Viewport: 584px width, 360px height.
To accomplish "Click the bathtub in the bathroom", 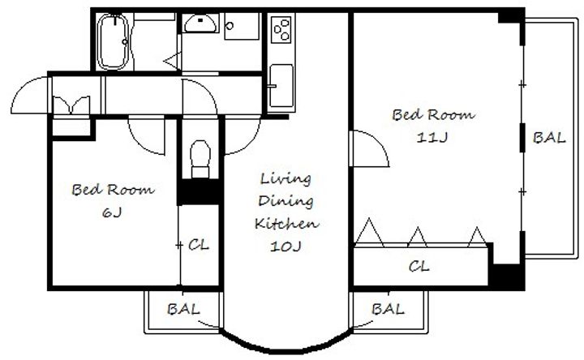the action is (x=113, y=41).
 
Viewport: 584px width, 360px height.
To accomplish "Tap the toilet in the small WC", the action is (x=200, y=159).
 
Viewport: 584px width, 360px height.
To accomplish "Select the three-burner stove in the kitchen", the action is (x=281, y=29).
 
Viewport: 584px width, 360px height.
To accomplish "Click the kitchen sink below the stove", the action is (x=281, y=86).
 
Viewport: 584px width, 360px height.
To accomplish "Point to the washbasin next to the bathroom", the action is (x=200, y=24).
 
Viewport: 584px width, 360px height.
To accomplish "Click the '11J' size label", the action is (x=432, y=138).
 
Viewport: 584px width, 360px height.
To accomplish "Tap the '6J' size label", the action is (x=112, y=212).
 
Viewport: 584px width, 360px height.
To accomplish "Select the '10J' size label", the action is (x=286, y=246).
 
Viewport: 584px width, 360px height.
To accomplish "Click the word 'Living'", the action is (x=286, y=178).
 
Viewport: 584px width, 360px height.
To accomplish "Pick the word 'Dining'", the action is (x=286, y=201).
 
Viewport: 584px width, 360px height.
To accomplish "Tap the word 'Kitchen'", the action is (x=286, y=223).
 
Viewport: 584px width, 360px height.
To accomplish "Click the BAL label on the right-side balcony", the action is (x=549, y=138).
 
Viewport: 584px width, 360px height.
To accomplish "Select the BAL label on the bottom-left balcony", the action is (x=183, y=309).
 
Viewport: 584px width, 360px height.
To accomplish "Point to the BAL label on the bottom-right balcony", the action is (x=388, y=309).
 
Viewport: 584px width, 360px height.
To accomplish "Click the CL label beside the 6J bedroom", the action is (x=199, y=245).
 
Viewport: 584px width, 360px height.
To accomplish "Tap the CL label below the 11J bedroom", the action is (x=419, y=266).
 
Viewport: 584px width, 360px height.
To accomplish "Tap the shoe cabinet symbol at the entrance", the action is (x=71, y=105).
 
